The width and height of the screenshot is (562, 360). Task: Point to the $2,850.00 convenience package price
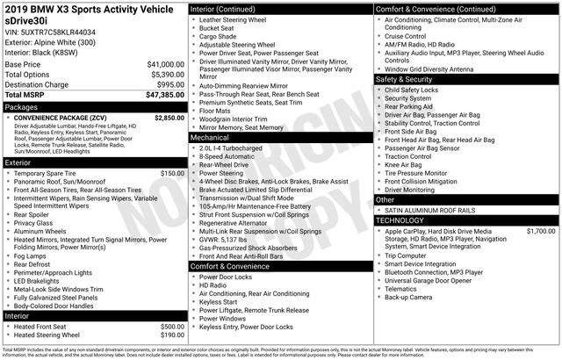coord(169,117)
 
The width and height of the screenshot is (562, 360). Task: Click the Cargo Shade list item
coord(220,37)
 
